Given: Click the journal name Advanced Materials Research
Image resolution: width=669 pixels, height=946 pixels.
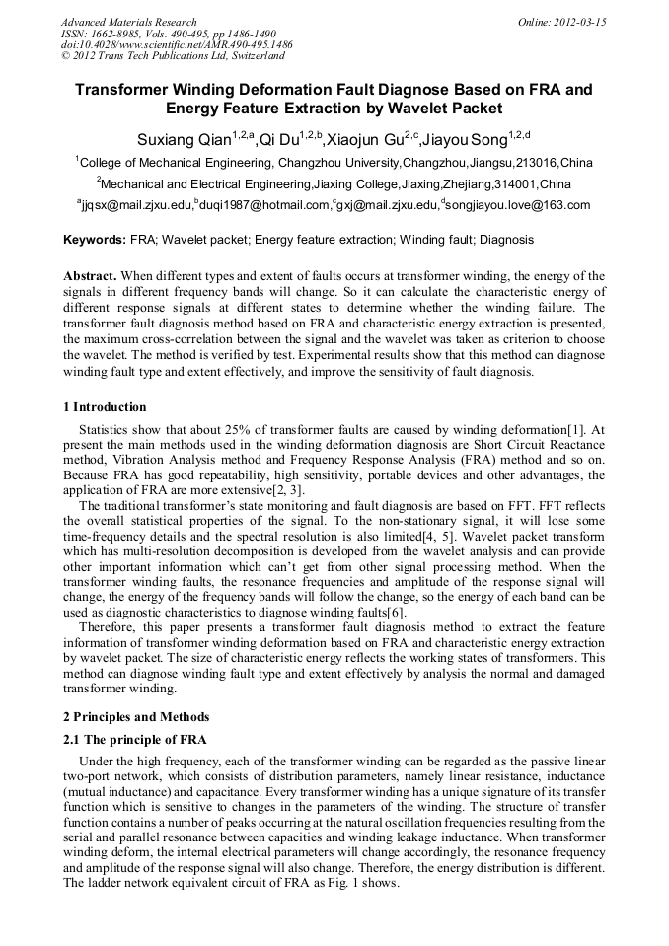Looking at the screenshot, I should [x=128, y=22].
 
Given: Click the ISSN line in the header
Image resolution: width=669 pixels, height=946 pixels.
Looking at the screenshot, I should [x=168, y=34].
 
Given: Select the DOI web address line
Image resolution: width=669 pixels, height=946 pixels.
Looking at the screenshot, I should [x=177, y=45].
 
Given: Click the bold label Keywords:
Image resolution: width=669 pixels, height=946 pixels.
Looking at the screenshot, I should [x=95, y=240].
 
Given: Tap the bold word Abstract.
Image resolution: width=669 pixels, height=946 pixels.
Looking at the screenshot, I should [x=90, y=276].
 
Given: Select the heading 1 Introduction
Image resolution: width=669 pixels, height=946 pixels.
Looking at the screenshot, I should [x=105, y=407].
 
